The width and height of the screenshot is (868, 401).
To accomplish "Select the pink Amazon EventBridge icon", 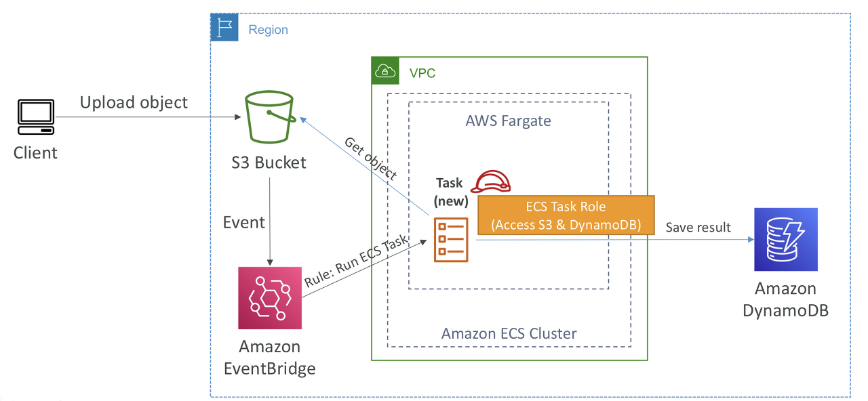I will click(269, 297).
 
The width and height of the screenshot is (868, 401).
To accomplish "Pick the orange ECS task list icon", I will click(450, 240).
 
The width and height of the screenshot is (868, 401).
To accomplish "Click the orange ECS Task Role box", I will click(566, 215).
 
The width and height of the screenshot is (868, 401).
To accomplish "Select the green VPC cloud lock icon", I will click(384, 70).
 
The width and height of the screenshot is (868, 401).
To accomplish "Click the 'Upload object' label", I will click(134, 102).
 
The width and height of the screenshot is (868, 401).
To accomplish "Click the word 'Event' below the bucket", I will click(243, 222).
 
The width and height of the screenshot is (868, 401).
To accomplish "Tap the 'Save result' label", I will click(698, 228).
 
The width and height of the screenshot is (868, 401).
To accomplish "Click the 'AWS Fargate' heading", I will click(508, 121).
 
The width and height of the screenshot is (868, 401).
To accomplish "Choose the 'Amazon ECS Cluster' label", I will click(509, 333).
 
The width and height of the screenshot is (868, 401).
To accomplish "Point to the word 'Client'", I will click(35, 152).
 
